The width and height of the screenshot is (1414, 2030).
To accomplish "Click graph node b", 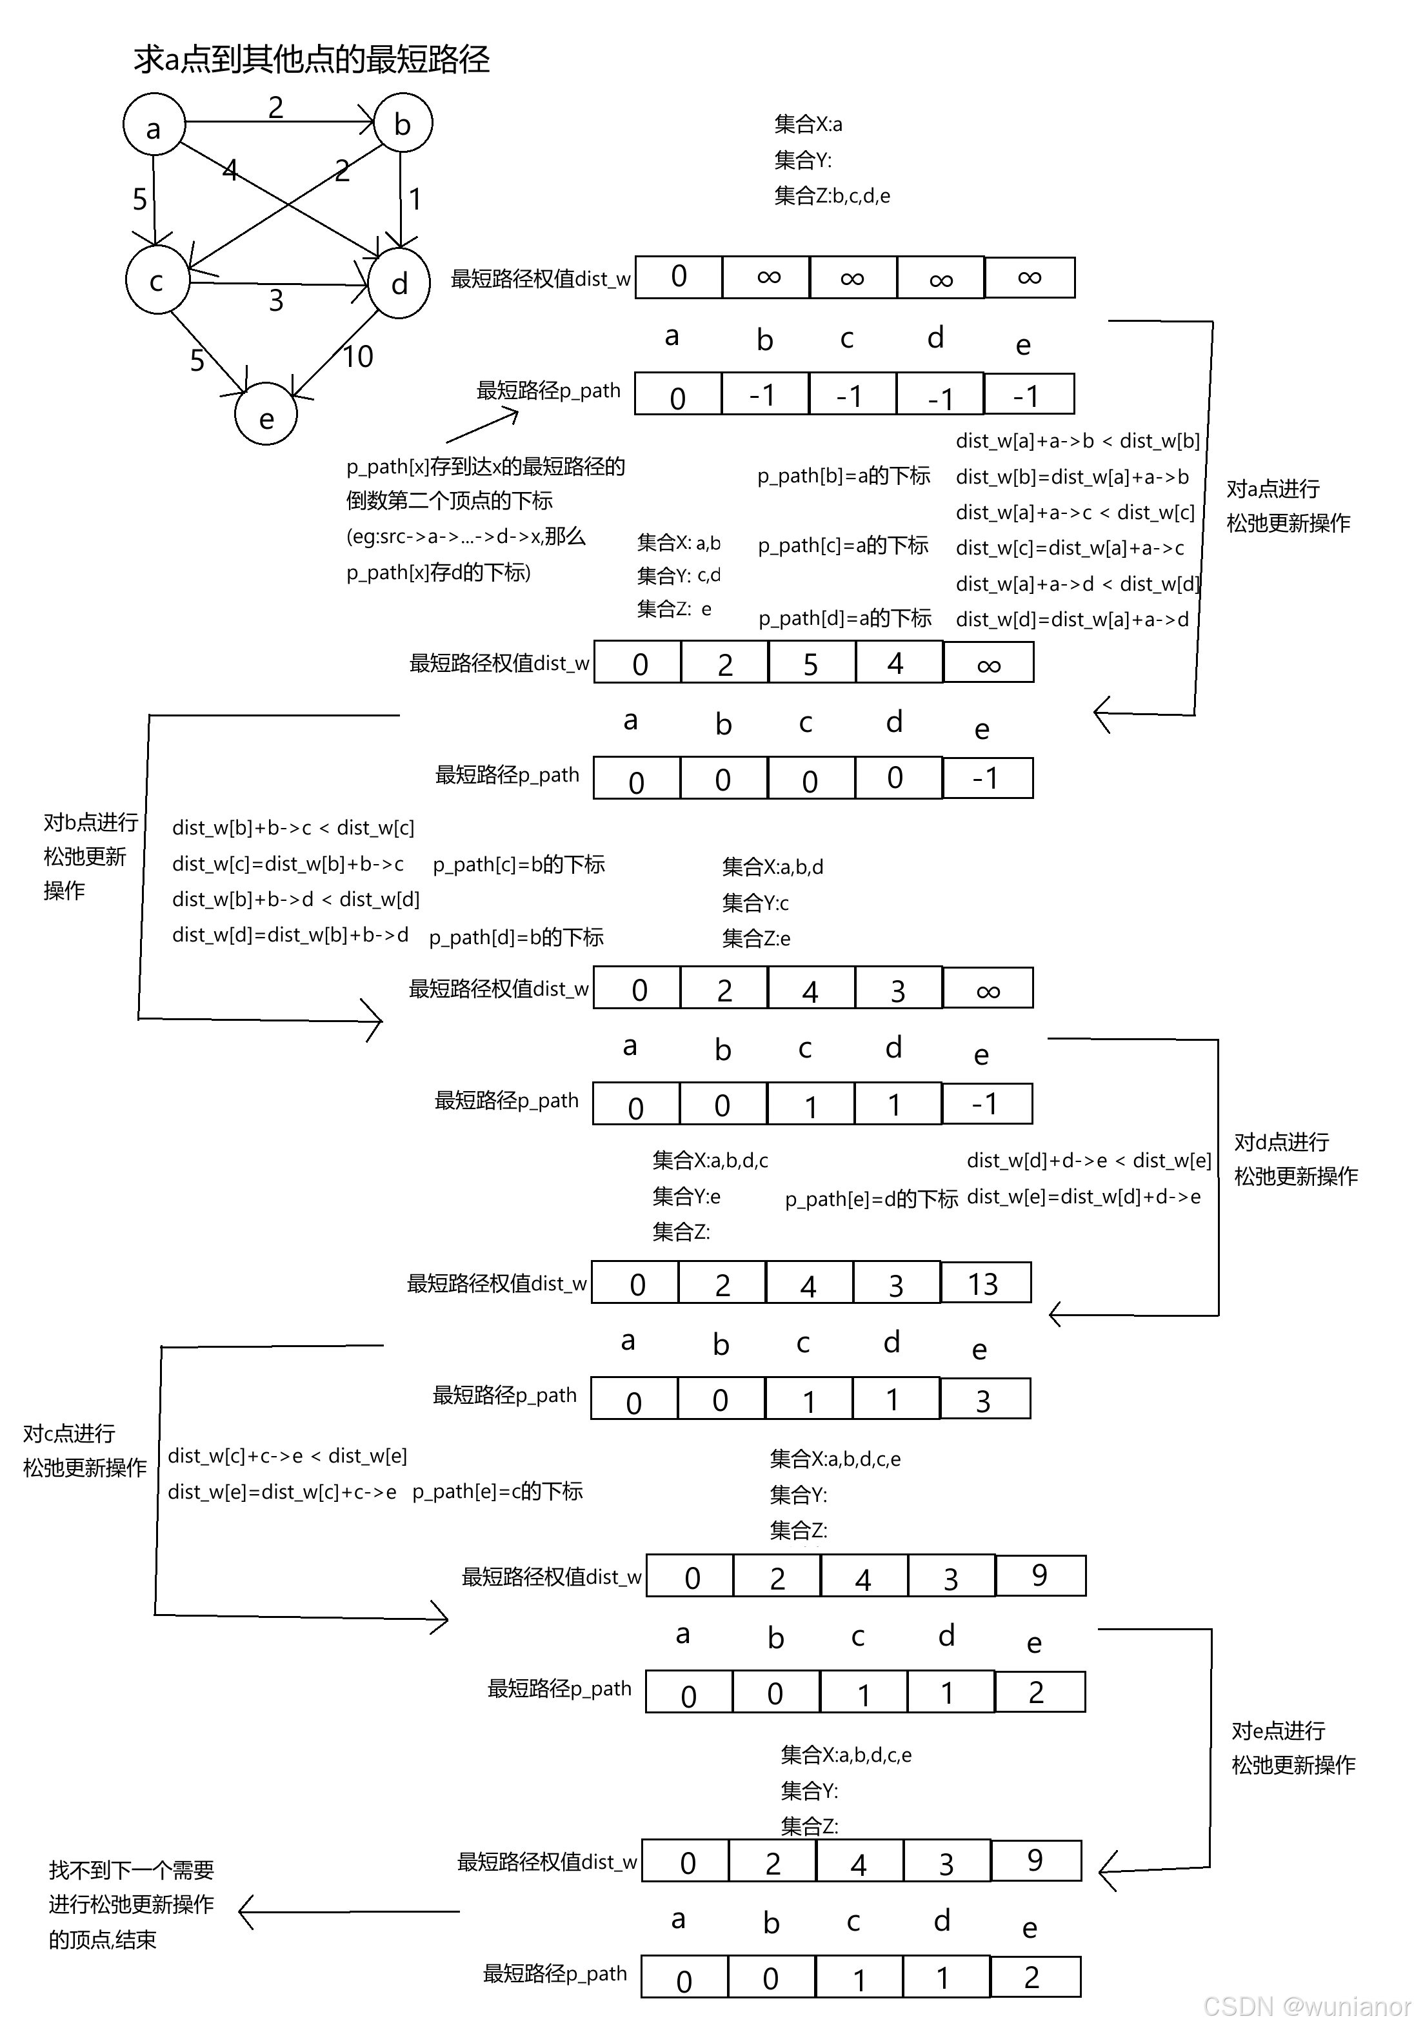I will tap(403, 123).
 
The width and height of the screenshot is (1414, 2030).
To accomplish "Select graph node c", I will tap(157, 281).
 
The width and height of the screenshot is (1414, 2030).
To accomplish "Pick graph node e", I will tap(266, 415).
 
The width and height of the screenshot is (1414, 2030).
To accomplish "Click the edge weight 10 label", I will tap(357, 357).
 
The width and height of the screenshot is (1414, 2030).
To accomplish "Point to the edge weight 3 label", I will tap(276, 301).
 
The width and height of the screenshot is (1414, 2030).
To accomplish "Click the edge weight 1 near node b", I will tap(415, 199).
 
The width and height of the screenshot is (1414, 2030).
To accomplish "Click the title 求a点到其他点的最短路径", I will tap(312, 59).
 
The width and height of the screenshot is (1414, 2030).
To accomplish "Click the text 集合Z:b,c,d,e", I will tap(831, 195).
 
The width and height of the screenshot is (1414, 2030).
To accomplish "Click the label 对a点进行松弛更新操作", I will tap(1288, 506).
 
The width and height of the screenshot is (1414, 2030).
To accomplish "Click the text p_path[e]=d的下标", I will tap(871, 1199).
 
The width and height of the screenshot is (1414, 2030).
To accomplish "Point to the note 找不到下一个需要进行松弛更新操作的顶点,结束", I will tap(131, 1904).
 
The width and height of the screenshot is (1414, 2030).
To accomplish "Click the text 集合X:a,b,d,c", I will tap(710, 1160).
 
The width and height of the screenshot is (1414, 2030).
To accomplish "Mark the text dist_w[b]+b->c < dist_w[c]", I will tap(293, 827).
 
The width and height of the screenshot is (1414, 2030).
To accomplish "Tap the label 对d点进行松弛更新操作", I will tap(1295, 1159).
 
